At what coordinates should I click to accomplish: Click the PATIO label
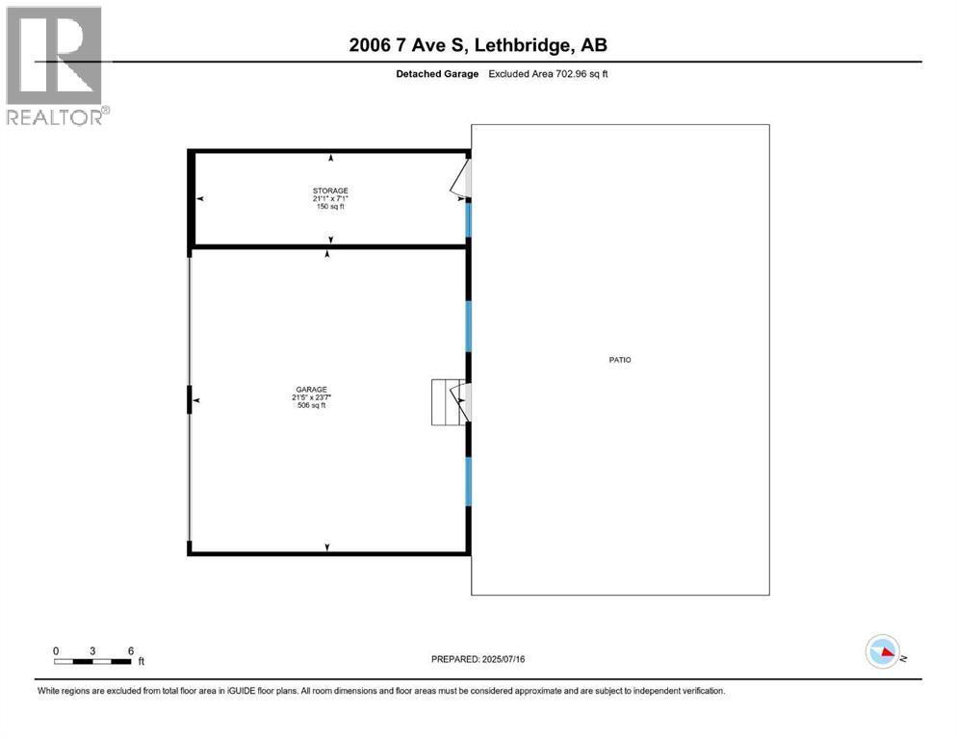click(x=619, y=360)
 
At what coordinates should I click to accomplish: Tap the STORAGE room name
click(x=330, y=191)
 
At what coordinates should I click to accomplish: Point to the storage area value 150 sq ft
click(x=330, y=207)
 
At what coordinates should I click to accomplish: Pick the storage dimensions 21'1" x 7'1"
click(x=330, y=199)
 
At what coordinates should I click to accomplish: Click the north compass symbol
click(x=884, y=653)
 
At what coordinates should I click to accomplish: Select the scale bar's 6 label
click(x=130, y=650)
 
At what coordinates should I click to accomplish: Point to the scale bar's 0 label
click(x=56, y=650)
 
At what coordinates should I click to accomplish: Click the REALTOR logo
click(x=56, y=64)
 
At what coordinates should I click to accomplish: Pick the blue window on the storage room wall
click(x=469, y=219)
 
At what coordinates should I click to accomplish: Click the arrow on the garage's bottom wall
click(x=327, y=548)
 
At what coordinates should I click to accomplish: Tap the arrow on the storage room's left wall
click(x=200, y=199)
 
